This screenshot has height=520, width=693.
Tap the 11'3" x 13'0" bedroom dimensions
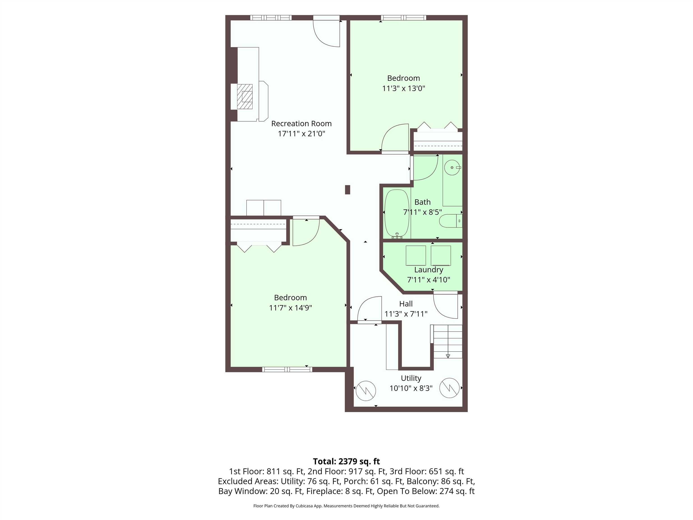tap(404, 88)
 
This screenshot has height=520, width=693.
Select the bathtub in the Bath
tap(397, 214)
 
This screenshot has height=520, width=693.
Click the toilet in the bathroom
tap(450, 221)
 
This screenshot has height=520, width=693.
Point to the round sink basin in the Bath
tap(452, 168)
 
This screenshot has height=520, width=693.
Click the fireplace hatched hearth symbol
tap(245, 97)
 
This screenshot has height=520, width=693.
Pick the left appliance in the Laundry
tap(416, 255)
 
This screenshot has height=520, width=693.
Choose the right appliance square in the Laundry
tap(441, 255)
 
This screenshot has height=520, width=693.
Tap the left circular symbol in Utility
tap(366, 390)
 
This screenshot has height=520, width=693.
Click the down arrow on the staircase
tap(448, 356)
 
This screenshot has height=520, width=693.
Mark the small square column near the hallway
tap(347, 190)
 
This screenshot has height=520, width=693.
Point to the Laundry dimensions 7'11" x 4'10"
tap(429, 280)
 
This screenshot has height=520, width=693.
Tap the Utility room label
tap(411, 378)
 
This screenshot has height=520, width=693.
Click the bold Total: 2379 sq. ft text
tap(346, 461)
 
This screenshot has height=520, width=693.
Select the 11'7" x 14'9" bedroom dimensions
tap(290, 308)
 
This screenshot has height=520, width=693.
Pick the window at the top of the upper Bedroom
tap(404, 18)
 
